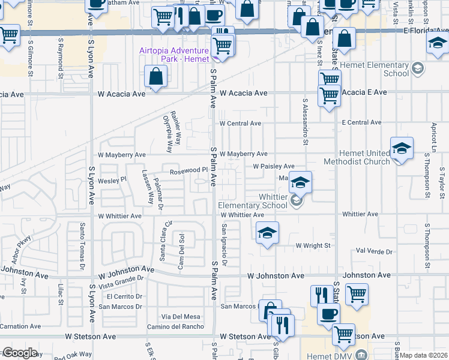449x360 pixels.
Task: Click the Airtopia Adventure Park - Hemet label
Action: click(x=173, y=55)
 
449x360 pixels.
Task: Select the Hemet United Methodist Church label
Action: click(x=357, y=157)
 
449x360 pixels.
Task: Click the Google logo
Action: click(x=20, y=353)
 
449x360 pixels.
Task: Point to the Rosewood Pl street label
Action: click(x=188, y=170)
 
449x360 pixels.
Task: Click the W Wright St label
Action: click(x=313, y=245)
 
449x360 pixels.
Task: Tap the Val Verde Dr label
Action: click(x=374, y=252)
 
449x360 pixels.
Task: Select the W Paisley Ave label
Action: click(x=273, y=166)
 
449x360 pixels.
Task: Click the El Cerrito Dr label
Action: click(x=124, y=296)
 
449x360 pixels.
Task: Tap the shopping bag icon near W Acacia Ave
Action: click(x=156, y=77)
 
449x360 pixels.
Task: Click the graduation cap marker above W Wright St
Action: click(x=267, y=232)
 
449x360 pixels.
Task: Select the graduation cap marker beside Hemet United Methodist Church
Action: click(x=402, y=148)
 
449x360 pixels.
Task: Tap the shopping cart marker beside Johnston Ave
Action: click(x=357, y=294)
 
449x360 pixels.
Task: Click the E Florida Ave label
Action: click(x=426, y=29)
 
